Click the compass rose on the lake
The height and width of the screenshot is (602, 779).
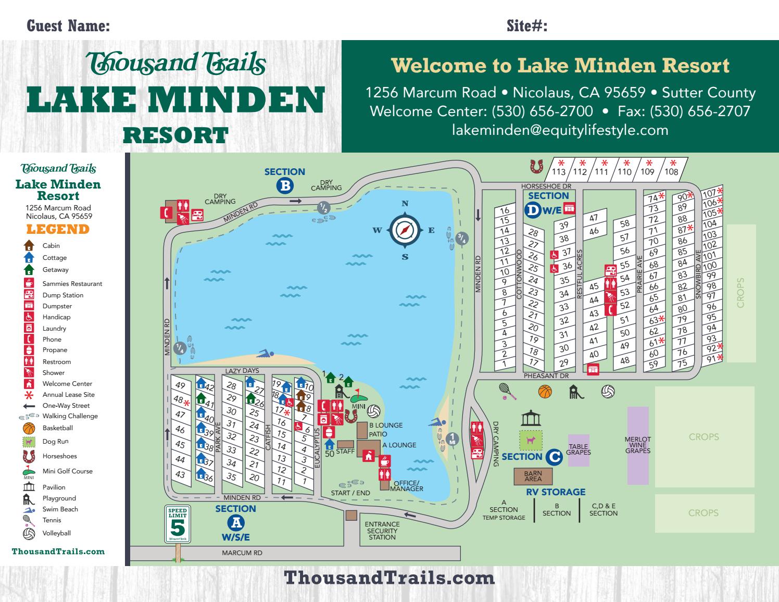[x=405, y=230]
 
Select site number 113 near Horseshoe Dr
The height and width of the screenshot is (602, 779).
[x=559, y=171]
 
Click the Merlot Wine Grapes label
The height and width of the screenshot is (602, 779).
[x=638, y=445]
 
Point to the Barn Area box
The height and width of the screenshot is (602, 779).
[x=533, y=476]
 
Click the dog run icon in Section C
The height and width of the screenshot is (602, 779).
[x=531, y=441]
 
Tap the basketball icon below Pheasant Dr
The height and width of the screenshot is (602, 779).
[x=545, y=391]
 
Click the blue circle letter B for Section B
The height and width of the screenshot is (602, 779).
[x=285, y=186]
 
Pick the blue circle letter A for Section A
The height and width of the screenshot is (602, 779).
[x=236, y=522]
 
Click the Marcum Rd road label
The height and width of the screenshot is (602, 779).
[x=242, y=553]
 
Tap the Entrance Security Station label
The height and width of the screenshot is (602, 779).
[x=382, y=531]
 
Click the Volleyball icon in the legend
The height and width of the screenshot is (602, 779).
[x=29, y=533]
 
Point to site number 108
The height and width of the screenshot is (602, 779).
[x=672, y=171]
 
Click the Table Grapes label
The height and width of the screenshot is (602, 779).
[x=579, y=449]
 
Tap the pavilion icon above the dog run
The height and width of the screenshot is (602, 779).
[x=531, y=418]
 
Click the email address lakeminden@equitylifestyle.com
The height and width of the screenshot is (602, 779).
[x=560, y=130]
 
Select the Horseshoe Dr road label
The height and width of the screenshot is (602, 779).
[x=546, y=186]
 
